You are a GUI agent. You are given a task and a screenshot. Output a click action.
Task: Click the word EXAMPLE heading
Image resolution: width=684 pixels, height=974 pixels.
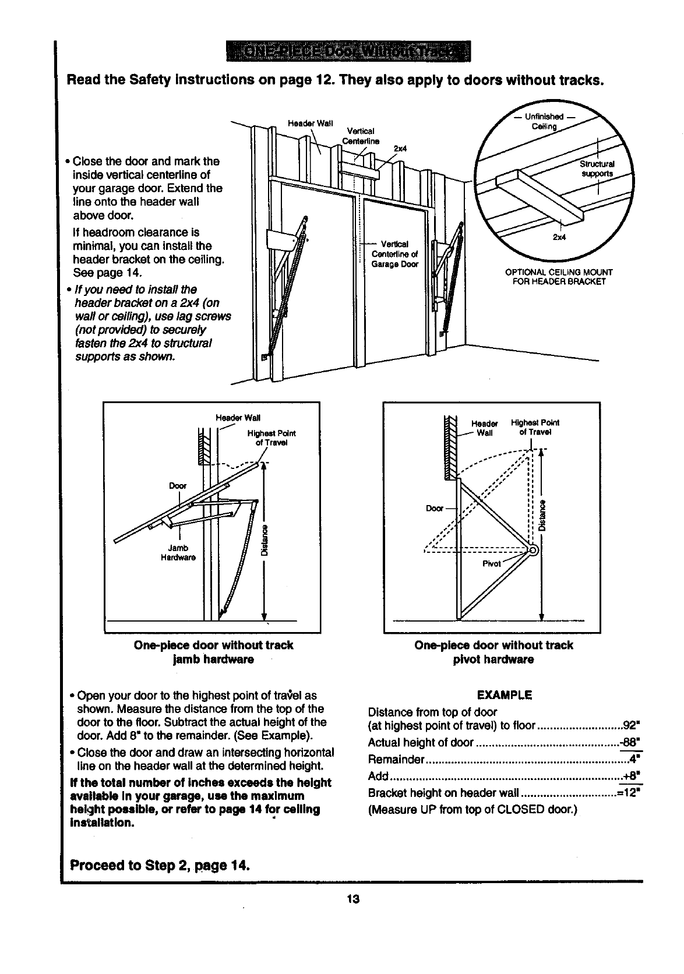click(x=505, y=695)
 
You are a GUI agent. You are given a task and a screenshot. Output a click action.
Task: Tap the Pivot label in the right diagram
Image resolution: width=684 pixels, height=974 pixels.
click(x=492, y=564)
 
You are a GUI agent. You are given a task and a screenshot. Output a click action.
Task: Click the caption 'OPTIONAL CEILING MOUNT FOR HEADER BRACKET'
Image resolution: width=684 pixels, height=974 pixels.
click(x=559, y=277)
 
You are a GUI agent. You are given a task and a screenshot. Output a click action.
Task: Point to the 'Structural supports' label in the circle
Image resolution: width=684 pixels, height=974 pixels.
click(x=597, y=169)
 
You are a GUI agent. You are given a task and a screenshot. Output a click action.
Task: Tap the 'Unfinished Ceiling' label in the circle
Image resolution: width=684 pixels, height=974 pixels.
click(x=544, y=122)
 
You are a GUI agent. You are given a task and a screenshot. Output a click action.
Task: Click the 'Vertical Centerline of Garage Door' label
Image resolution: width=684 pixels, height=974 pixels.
click(x=394, y=253)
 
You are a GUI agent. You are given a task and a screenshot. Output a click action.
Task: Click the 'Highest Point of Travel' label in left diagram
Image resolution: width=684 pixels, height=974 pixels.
click(x=271, y=437)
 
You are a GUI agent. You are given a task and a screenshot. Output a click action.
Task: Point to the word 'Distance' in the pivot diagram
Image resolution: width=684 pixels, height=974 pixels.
click(x=543, y=516)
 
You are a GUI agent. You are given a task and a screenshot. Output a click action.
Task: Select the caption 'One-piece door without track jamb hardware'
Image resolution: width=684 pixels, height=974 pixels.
click(x=213, y=652)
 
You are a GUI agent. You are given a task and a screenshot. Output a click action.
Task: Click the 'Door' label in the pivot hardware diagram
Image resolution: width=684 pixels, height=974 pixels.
click(x=435, y=508)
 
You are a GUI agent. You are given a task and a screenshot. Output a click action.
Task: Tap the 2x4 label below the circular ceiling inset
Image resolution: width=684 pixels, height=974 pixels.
click(x=560, y=237)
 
